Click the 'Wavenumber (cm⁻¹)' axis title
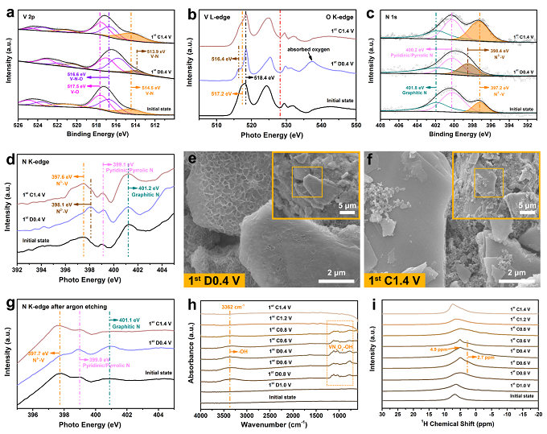[x=277, y=426]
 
